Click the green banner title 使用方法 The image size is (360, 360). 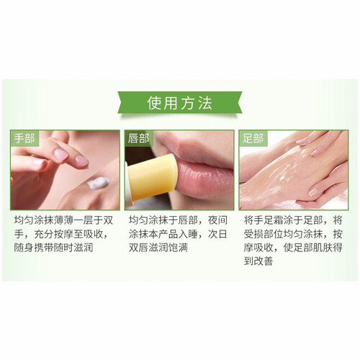pos(179,103)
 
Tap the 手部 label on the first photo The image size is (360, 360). pos(24,139)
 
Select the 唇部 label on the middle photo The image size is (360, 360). pos(138,139)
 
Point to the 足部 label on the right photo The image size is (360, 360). pos(253,139)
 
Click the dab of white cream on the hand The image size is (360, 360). pos(98,183)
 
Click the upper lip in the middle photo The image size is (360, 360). pos(194,149)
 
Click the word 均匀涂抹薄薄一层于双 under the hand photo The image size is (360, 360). pos(63,220)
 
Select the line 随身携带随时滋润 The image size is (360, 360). pos(53,248)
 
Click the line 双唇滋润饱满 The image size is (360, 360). pos(158,248)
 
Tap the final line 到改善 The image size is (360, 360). pos(258,261)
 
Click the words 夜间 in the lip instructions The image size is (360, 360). pos(217,220)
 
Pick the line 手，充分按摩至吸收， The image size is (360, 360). pos(62,234)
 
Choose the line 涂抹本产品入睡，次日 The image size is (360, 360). pos(178,234)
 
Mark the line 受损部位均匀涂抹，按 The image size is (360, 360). pos(293,234)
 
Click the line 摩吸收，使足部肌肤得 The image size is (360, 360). pos(293,248)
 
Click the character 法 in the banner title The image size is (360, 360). pos(205,103)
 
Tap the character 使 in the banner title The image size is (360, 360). pos(155,103)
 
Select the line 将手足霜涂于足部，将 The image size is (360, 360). pos(293,220)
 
